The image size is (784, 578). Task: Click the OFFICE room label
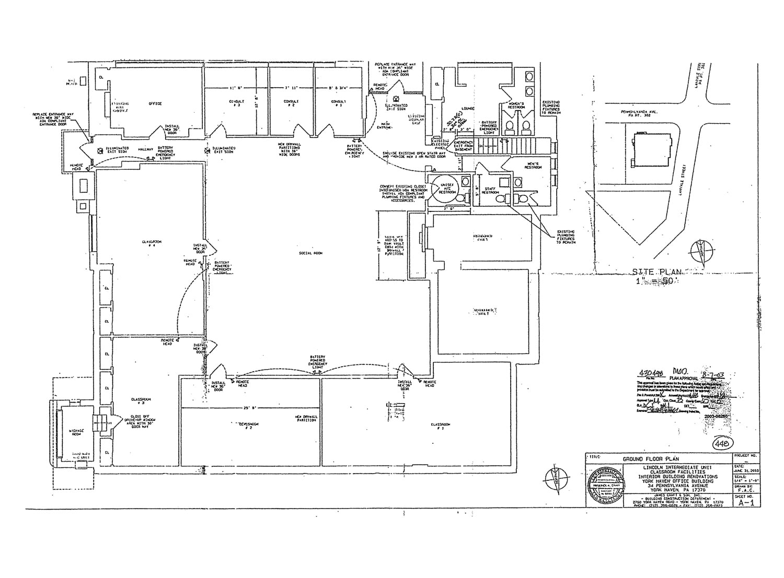click(155, 103)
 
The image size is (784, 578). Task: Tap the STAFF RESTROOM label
click(490, 191)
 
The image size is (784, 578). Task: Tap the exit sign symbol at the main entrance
click(396, 98)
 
